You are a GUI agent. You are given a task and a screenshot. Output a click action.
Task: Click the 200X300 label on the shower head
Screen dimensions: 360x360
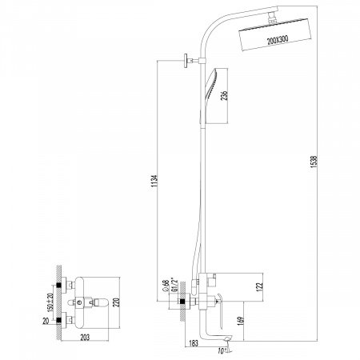point(278,40)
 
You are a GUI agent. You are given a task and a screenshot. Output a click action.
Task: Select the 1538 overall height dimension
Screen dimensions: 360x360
point(314,162)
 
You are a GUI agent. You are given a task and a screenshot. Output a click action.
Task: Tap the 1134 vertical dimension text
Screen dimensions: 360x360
point(154,181)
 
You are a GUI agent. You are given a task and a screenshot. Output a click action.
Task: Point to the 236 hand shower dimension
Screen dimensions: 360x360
point(225,95)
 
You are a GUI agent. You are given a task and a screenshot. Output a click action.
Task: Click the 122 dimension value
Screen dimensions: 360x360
point(260,286)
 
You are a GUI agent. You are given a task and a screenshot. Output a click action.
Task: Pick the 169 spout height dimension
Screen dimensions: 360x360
point(241,321)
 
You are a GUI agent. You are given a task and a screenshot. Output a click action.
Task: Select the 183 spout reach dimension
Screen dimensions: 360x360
point(193,343)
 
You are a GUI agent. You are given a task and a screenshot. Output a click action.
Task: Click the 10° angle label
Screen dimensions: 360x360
point(222,351)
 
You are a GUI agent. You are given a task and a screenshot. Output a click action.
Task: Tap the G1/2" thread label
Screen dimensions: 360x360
point(175,285)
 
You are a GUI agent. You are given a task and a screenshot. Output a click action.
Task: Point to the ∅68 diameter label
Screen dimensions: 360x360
point(166,286)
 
